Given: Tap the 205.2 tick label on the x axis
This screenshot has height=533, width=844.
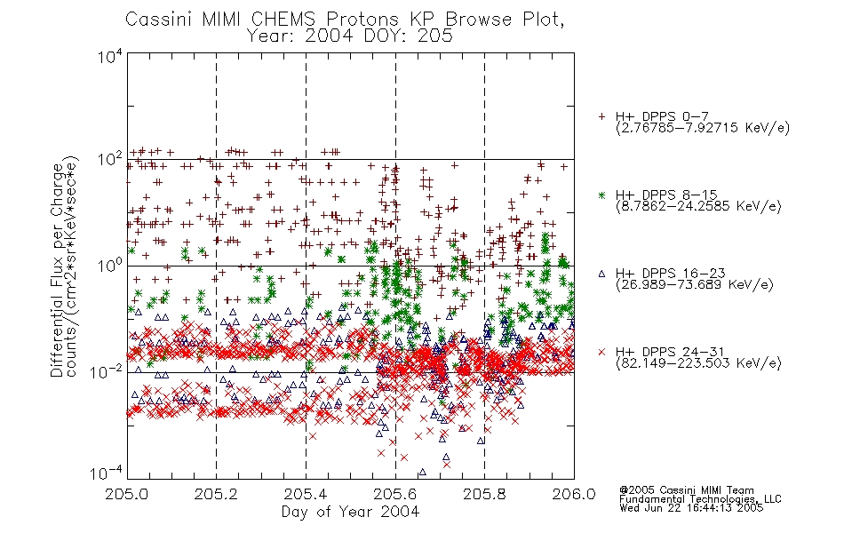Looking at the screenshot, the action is point(216,494).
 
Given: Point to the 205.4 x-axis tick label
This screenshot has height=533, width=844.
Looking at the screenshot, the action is point(306,494).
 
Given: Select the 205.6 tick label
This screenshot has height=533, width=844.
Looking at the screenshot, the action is point(395,494).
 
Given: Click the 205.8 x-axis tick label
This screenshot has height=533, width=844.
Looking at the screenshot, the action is point(484,494).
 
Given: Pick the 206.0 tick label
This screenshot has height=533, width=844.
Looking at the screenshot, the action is point(574,494).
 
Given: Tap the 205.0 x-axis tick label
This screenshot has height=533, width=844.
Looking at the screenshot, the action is point(126,494).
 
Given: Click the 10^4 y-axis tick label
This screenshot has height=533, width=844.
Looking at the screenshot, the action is point(110,56).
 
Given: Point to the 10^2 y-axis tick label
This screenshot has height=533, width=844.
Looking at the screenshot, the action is point(110,160).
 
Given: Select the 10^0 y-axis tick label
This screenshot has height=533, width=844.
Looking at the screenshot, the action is point(110,266).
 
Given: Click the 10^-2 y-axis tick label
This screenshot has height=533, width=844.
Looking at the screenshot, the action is point(106,371).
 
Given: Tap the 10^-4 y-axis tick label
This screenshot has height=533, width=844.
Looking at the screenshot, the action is point(106,473).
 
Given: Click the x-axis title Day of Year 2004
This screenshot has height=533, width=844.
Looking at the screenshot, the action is point(350,512).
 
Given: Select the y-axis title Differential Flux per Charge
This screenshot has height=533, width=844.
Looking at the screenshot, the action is point(57,270).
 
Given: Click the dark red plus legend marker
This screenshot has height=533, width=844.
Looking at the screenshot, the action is point(601,116).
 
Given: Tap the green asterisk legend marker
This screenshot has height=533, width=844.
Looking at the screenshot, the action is point(601,195).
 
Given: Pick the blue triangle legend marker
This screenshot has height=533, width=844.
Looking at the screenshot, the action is point(601,274).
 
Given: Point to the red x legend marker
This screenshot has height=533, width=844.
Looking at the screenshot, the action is point(601,352).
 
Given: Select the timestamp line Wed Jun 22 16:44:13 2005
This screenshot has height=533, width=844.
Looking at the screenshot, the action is point(691,507).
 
